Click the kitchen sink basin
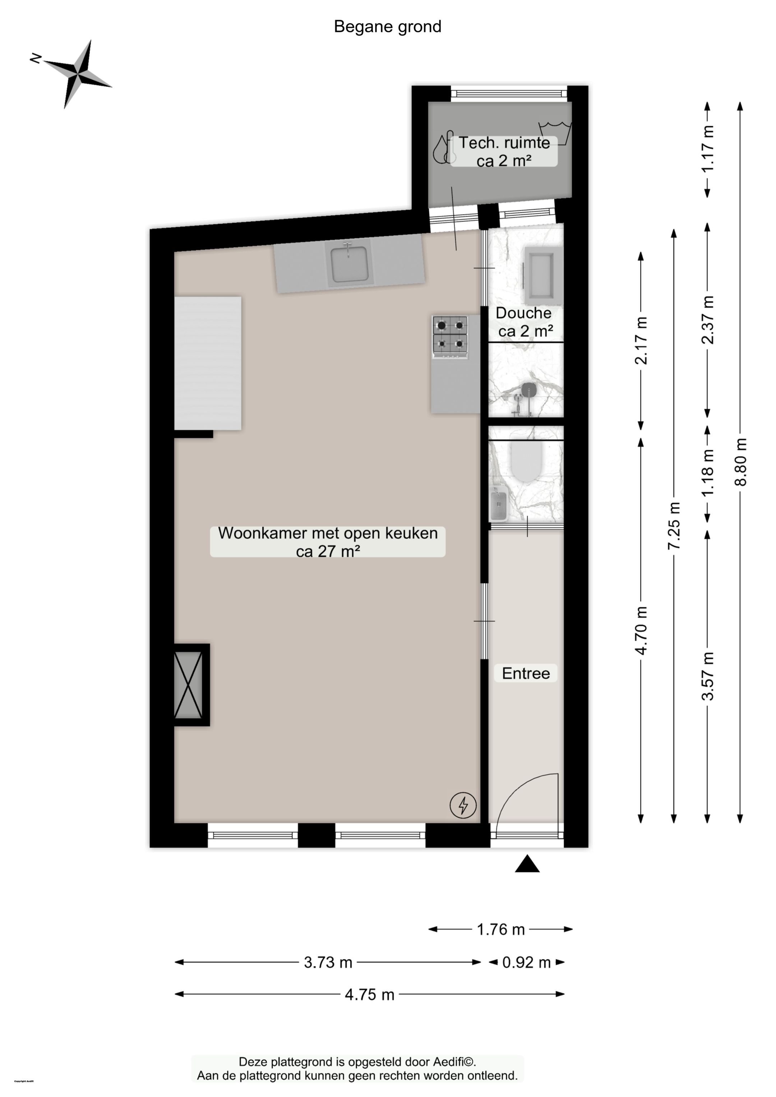[350, 264]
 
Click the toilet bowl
[525, 461]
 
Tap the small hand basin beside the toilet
[498, 504]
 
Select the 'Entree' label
[526, 673]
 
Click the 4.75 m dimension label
[369, 994]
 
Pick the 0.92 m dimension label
[526, 962]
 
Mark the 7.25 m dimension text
[674, 526]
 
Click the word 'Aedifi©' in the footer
[454, 1062]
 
